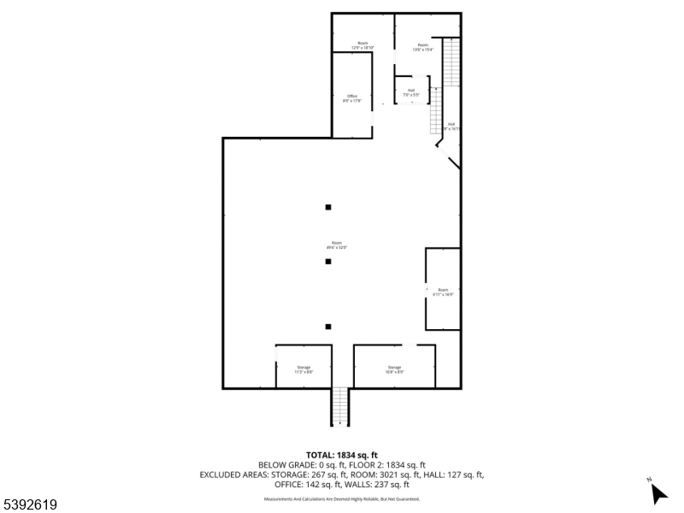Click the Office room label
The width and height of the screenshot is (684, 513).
click(x=352, y=97)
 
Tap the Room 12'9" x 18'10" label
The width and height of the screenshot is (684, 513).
click(x=363, y=46)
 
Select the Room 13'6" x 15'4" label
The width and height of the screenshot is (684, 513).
click(x=422, y=47)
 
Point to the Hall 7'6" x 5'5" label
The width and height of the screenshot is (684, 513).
click(x=411, y=92)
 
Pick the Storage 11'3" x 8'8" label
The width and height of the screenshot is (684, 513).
click(x=304, y=369)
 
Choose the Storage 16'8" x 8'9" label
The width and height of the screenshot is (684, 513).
click(x=394, y=369)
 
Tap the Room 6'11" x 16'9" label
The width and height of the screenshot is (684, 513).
click(x=443, y=292)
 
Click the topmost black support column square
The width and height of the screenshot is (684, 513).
click(x=327, y=207)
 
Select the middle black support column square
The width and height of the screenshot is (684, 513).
click(x=327, y=262)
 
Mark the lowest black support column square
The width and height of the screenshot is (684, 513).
click(x=327, y=326)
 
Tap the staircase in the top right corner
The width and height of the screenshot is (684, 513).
click(x=451, y=62)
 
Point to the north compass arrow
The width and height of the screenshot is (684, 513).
click(x=658, y=493)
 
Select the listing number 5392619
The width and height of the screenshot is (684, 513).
click(x=30, y=505)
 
